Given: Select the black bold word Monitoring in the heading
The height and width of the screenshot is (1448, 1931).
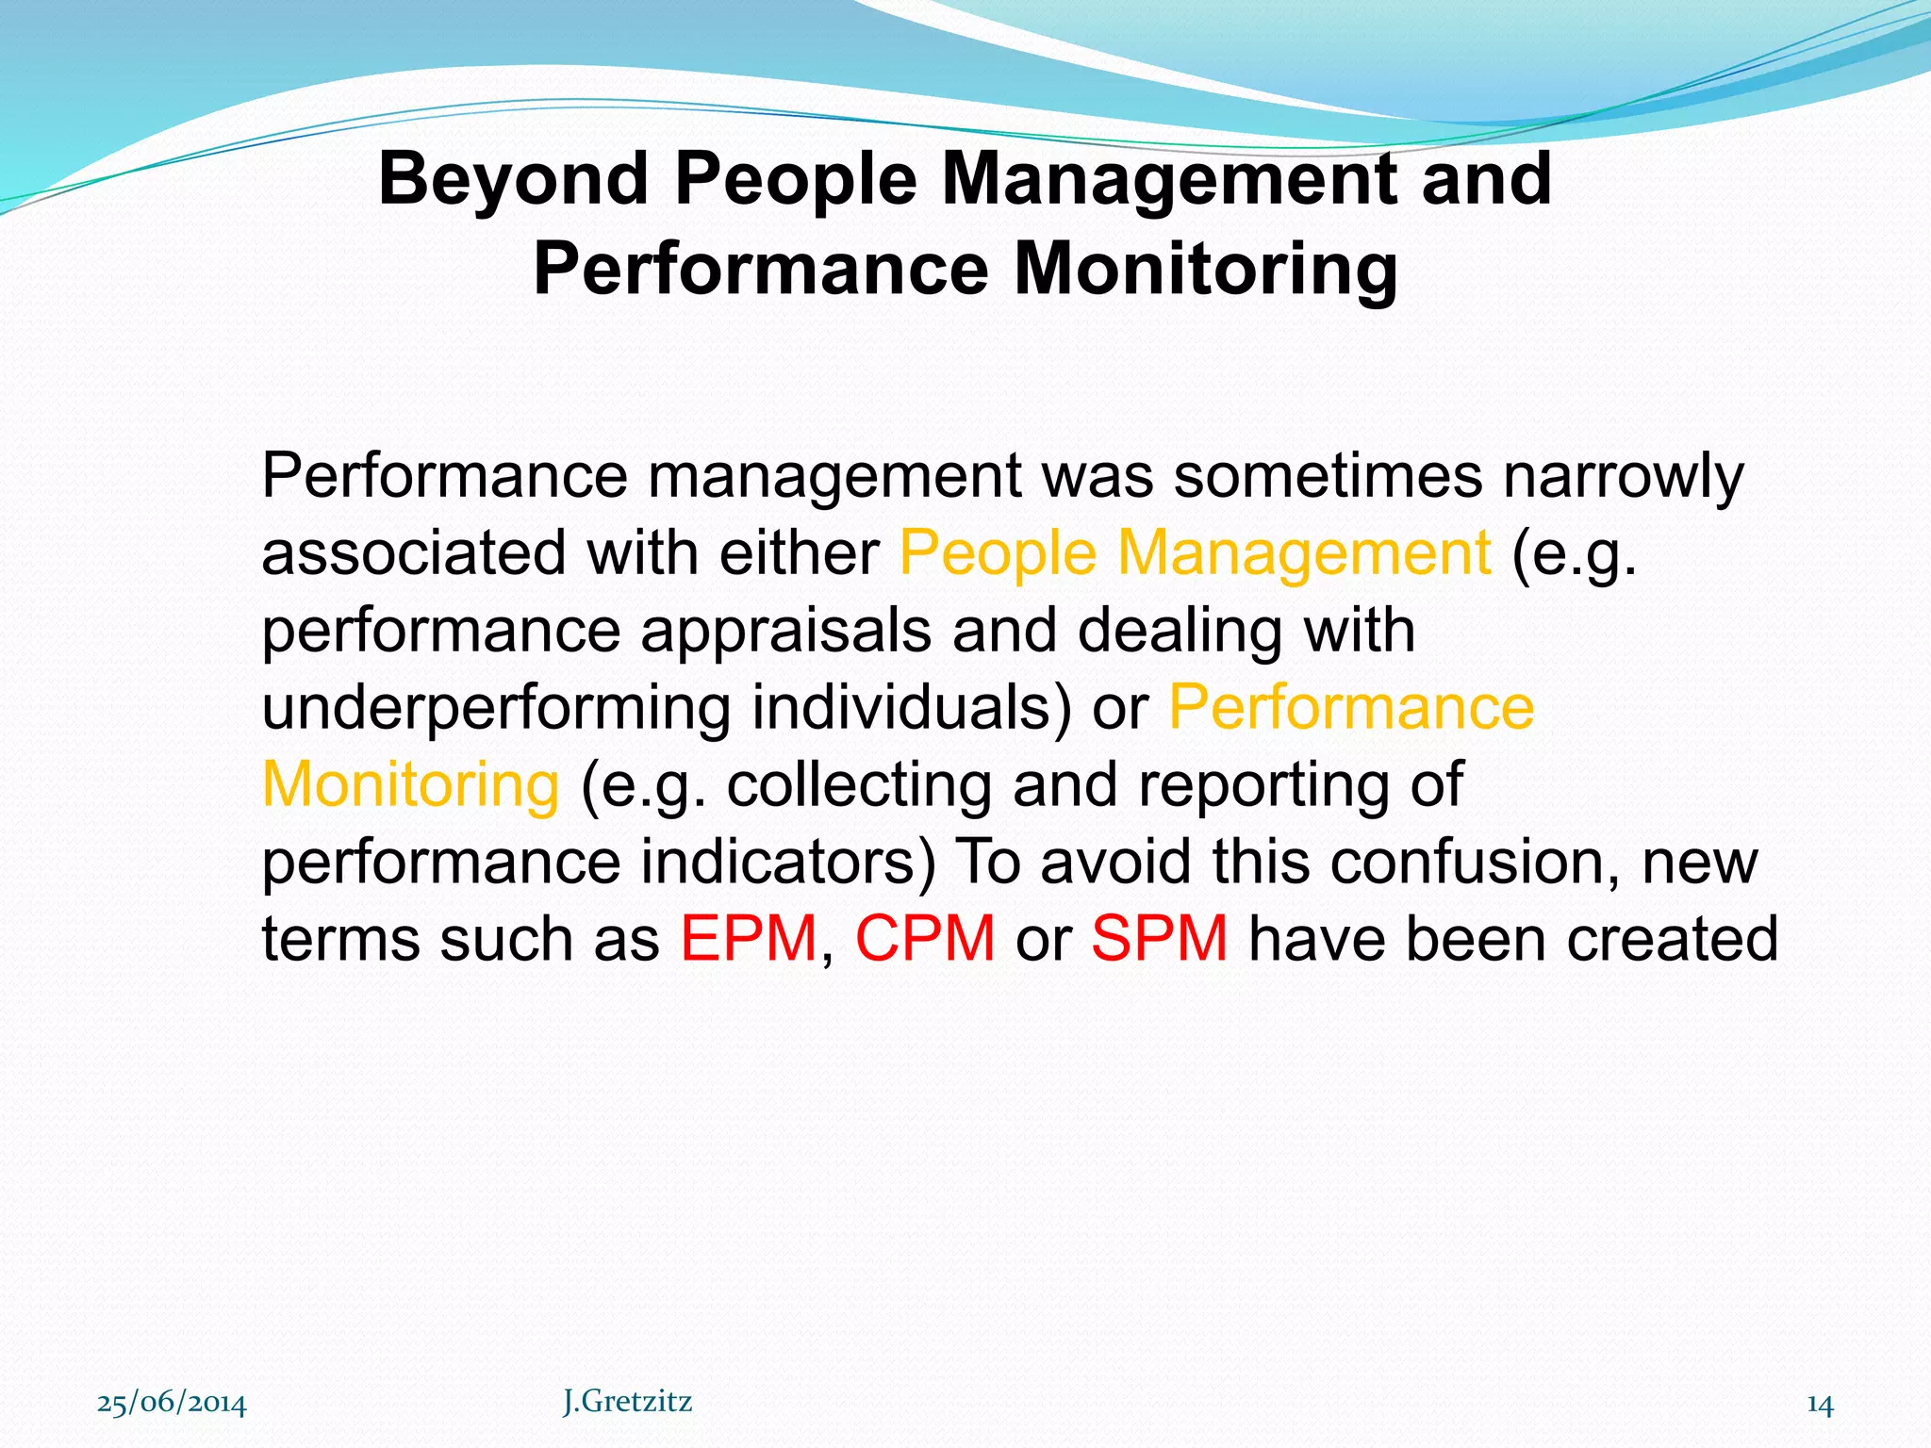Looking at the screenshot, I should (1206, 270).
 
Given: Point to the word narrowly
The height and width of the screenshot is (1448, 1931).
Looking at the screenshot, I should (1623, 477).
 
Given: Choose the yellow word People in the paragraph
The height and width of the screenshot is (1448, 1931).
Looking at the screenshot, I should (997, 554).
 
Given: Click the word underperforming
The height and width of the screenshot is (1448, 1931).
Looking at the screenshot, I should (496, 709).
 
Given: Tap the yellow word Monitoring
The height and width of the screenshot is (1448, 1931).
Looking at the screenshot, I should (410, 786).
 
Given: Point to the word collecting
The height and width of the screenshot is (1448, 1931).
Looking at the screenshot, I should (859, 786).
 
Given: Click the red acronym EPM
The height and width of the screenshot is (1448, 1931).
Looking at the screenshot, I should (749, 939).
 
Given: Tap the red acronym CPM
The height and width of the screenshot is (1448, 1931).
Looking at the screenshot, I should (925, 939).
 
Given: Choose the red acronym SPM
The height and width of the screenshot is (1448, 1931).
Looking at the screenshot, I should (1160, 939).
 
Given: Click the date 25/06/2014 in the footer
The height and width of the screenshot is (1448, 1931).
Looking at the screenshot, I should (172, 1404).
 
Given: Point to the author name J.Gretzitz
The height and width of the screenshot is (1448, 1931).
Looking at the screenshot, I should (627, 1402).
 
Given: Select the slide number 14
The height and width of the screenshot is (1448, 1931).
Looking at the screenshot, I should (1820, 1405).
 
